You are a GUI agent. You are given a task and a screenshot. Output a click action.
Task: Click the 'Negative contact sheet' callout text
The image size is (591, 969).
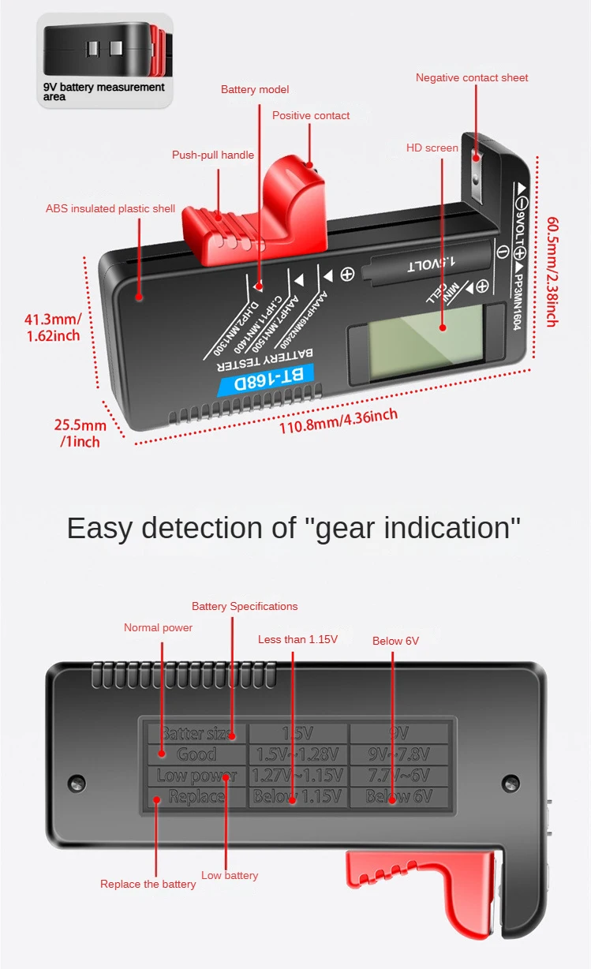point(472,77)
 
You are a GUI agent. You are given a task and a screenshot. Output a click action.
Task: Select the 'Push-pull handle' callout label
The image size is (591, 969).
point(213,155)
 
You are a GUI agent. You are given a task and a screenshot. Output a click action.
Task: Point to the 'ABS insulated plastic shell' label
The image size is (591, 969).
point(110,208)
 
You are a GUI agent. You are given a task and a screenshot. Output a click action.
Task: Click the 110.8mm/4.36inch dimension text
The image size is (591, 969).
point(339,421)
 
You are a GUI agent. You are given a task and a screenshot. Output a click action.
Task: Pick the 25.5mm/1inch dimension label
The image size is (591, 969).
point(80,433)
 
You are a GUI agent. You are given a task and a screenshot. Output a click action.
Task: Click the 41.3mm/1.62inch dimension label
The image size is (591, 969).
point(53,327)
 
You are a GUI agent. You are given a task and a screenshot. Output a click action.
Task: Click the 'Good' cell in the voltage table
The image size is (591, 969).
point(196,754)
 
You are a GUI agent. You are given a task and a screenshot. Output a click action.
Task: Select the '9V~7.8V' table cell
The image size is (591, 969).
point(399,754)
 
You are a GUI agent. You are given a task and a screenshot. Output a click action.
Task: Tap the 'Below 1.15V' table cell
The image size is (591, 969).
point(297,796)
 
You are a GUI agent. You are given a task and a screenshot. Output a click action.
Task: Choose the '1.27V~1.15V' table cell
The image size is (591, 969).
point(297,776)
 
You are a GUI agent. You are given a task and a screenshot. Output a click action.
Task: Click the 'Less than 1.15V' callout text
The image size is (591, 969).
point(297,639)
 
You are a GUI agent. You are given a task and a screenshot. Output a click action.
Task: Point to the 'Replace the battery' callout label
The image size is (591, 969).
point(148,884)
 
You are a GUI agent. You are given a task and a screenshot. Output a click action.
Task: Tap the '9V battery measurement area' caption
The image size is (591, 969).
point(103,92)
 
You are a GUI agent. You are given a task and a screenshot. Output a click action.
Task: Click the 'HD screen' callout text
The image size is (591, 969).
point(432,148)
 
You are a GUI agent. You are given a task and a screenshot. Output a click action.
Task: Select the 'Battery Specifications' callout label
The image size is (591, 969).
point(245,606)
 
